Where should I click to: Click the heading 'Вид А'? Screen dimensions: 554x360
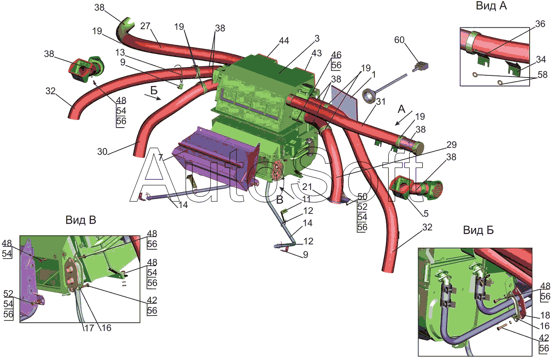491,6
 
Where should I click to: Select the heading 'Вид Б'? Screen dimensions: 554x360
478,230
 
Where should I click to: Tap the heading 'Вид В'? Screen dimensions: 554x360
81,220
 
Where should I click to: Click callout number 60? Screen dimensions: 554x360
399,40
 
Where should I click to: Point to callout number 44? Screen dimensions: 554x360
284,40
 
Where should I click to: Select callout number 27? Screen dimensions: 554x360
145,26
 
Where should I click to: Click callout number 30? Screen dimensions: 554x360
102,152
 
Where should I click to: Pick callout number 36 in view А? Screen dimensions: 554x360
540,24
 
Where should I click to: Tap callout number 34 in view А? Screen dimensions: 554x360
541,59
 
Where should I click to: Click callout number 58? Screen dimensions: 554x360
543,75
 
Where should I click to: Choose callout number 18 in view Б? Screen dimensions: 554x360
545,315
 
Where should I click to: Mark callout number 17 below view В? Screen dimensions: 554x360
89,328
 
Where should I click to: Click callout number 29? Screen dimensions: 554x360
451,145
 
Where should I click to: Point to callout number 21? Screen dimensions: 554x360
307,187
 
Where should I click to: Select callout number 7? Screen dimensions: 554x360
160,157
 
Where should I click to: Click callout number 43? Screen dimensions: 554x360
317,53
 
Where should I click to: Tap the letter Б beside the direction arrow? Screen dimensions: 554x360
154,91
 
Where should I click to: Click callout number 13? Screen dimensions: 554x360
120,53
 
